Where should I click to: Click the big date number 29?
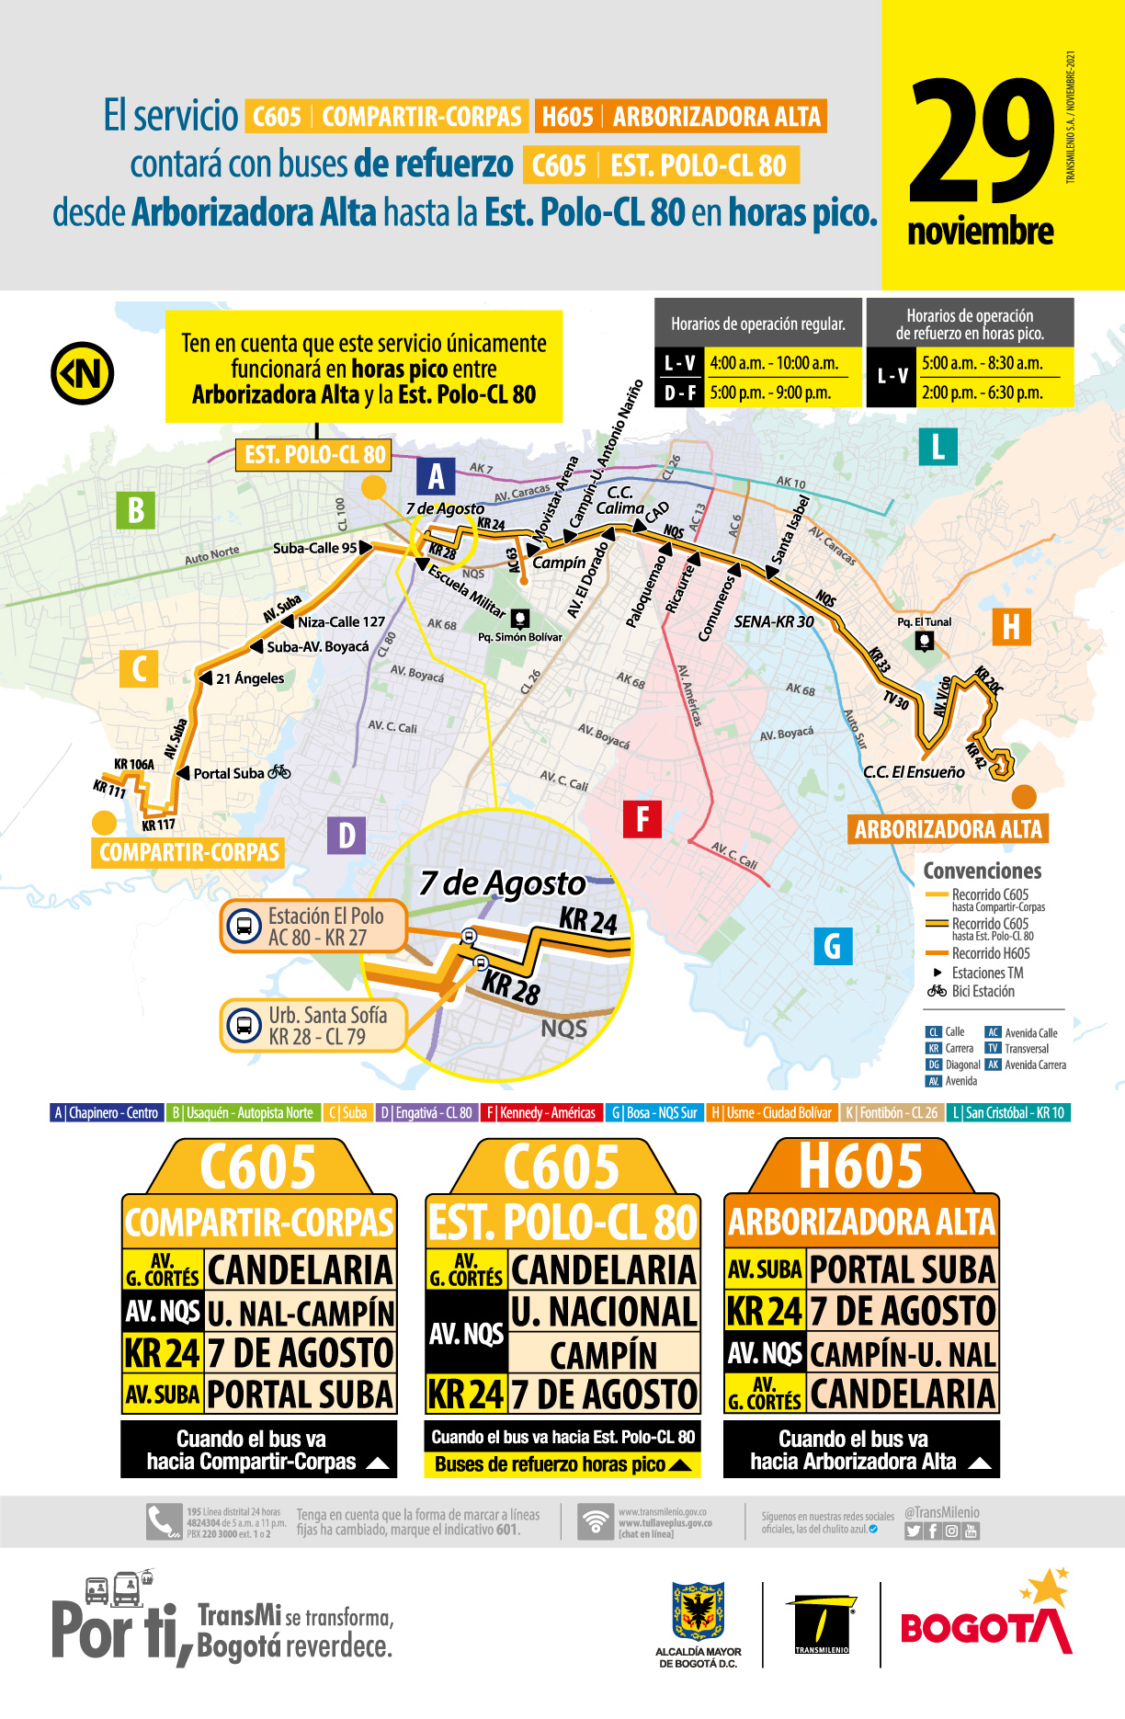coord(982,142)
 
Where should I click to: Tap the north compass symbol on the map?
coord(82,373)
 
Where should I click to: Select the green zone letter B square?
coord(135,510)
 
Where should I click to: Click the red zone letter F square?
coord(642,818)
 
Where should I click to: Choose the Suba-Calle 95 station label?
coord(314,548)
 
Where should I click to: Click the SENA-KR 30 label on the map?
coord(774,621)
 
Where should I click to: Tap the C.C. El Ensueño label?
coord(914,772)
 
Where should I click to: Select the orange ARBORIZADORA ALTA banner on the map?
coord(948,829)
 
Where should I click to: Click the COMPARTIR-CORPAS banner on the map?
coord(188,852)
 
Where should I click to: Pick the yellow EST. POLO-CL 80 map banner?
coord(315,454)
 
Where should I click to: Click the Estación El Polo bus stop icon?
coord(244,927)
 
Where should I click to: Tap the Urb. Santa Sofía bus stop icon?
coord(244,1025)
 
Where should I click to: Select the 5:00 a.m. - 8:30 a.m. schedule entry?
coord(982,363)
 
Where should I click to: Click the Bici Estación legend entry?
coord(983,991)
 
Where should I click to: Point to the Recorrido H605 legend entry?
coord(990,953)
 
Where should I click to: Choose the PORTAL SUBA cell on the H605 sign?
coord(902,1269)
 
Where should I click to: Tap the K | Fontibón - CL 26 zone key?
coord(891,1112)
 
